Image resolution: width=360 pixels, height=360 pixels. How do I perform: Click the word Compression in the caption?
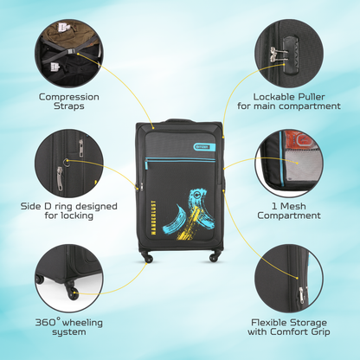tap(69, 97)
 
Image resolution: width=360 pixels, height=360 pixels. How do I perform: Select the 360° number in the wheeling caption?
tap(48, 322)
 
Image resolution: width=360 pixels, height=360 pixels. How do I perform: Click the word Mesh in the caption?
tap(292, 206)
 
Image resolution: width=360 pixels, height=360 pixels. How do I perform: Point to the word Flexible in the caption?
tap(269, 322)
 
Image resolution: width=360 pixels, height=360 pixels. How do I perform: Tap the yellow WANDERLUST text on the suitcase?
tap(153, 217)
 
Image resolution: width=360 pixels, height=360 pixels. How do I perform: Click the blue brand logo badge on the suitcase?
tap(205, 147)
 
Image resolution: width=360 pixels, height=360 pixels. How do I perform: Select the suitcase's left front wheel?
tap(148, 258)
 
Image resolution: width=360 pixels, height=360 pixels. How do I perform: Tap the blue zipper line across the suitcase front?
tap(180, 159)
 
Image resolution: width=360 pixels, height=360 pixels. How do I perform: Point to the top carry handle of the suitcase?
tap(180, 120)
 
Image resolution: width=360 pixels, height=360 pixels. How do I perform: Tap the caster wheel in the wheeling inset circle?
tap(72, 292)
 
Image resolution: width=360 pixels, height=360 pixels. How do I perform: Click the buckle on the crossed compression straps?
tap(71, 51)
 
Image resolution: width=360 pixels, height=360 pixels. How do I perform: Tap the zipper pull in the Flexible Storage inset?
tap(301, 296)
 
